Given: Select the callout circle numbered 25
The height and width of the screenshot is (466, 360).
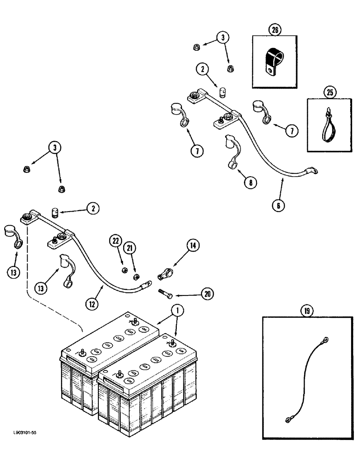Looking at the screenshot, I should pyautogui.click(x=330, y=93).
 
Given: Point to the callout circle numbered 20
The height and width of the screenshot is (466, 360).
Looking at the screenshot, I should pyautogui.click(x=208, y=295).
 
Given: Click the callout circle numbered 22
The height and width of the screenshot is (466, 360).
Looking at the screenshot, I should pyautogui.click(x=115, y=241).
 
